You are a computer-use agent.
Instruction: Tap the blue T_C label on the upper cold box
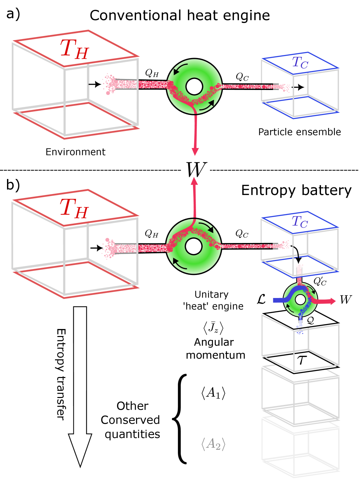tap(300, 62)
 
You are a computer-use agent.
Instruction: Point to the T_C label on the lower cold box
tap(300, 222)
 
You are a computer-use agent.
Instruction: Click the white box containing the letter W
tap(195, 169)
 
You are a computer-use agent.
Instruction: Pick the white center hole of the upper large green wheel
tap(194, 87)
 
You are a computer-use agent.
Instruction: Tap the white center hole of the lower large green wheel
tap(193, 247)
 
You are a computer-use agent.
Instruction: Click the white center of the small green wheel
tap(300, 300)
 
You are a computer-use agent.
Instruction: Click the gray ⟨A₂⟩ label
tap(213, 444)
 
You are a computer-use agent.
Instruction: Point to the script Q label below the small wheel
tap(310, 321)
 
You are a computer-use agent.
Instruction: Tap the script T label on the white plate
tap(302, 360)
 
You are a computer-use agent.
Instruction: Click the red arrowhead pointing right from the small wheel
tap(332, 301)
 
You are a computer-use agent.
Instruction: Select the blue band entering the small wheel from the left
tap(278, 300)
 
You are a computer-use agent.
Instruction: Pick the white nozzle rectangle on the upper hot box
tap(117, 86)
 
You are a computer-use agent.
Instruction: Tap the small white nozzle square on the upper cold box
tap(282, 86)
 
